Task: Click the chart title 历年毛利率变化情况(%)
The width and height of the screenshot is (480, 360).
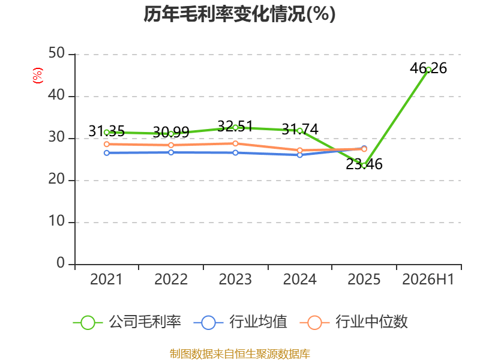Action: tap(239, 14)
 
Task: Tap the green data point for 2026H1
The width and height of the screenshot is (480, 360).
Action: tap(428, 70)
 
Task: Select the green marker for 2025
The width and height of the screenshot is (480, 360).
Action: tap(364, 166)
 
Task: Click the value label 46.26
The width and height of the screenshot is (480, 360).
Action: tap(428, 68)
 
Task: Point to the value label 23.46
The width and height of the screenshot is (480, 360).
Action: tap(364, 164)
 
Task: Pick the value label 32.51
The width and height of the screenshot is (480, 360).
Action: tap(235, 126)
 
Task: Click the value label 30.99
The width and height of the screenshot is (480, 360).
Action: tap(171, 132)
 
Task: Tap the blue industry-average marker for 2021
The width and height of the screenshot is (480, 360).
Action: tap(107, 153)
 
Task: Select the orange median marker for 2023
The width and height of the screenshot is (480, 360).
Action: tap(235, 143)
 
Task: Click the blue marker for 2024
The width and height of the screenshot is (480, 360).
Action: tap(299, 155)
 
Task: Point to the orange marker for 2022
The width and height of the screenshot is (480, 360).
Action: tap(171, 145)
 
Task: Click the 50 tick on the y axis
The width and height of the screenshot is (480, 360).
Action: tap(56, 53)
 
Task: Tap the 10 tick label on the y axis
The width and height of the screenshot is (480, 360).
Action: tap(56, 221)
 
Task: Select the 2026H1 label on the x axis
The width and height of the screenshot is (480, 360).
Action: tap(428, 279)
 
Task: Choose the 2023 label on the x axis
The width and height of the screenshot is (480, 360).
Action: tap(235, 279)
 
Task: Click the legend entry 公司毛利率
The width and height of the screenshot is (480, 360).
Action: tap(127, 322)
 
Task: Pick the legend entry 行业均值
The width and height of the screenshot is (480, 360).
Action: tap(241, 322)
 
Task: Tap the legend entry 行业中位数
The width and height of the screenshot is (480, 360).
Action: tap(353, 322)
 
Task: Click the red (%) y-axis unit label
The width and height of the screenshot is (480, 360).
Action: tap(38, 76)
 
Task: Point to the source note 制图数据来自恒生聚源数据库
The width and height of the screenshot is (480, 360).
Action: tap(239, 354)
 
